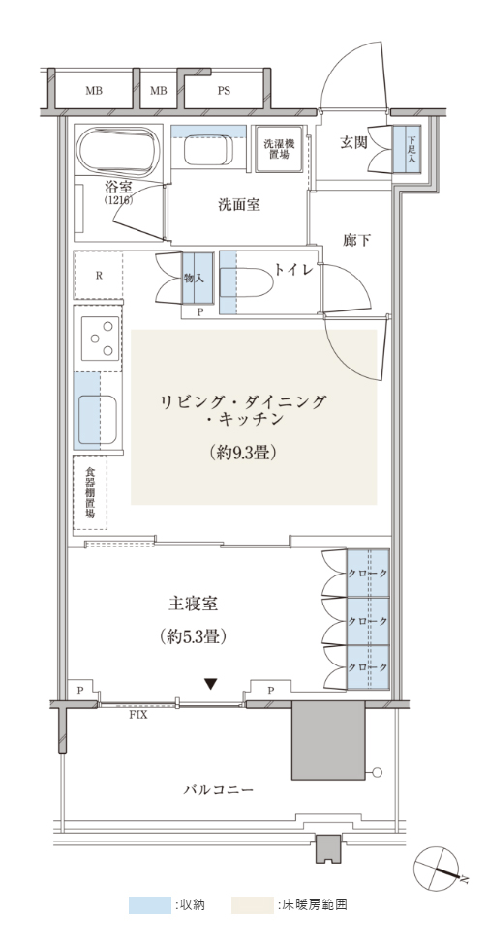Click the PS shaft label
(x=224, y=91)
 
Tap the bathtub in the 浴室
(x=119, y=151)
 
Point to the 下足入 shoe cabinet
(x=407, y=149)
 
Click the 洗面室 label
(x=239, y=205)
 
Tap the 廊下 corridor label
(x=356, y=241)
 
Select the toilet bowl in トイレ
(x=245, y=282)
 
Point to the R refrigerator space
(x=98, y=275)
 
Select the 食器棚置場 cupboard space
(x=90, y=492)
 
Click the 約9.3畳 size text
(x=243, y=452)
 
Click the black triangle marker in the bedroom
(x=210, y=684)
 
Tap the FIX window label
(x=137, y=716)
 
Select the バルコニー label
(x=218, y=789)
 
